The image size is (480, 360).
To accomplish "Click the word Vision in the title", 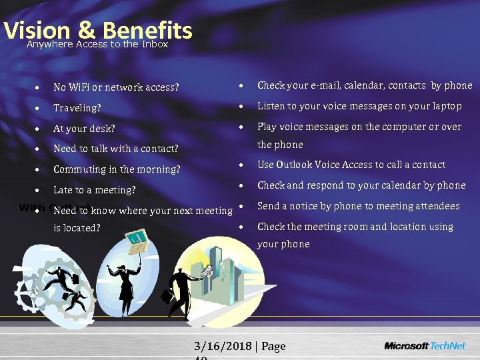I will pos(37,30).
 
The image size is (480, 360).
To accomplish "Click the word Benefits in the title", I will pos(147,30).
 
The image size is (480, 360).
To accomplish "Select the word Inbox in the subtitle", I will pos(155,45).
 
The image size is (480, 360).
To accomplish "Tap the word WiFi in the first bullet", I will pos(81,87).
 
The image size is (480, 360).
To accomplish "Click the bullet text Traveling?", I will pos(77,107).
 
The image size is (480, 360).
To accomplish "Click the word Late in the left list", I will pos(63,190).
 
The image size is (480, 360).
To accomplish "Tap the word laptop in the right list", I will pos(445,106).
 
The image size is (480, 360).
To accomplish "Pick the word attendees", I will pos(436,206).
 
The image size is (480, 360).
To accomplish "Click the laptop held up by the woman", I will pos(138,238).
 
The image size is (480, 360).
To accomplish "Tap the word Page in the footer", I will pos(274,346).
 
